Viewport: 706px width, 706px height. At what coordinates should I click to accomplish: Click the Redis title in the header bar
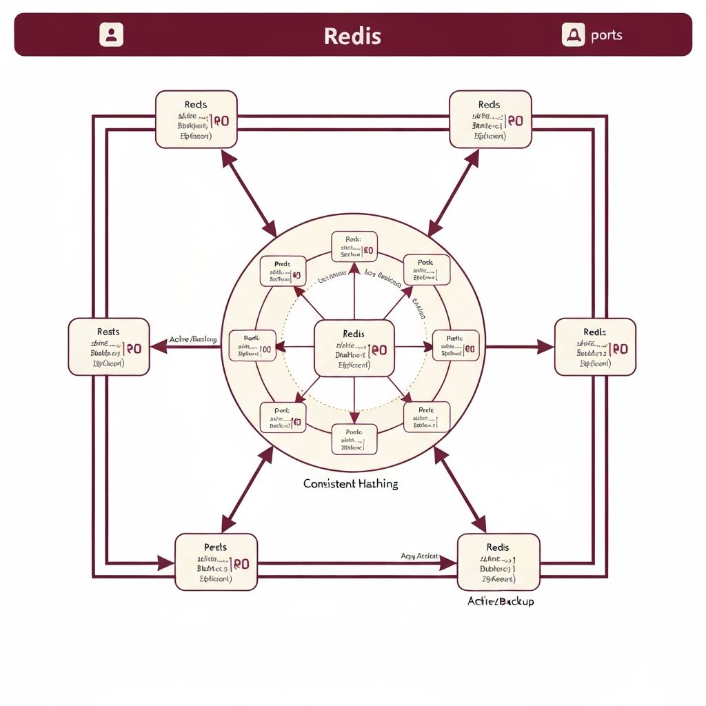pyautogui.click(x=352, y=36)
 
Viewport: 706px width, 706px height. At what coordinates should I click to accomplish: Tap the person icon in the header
pyautogui.click(x=111, y=34)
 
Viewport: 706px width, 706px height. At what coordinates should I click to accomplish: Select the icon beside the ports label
pyautogui.click(x=573, y=34)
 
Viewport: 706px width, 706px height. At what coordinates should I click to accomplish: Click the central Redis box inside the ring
pyautogui.click(x=354, y=348)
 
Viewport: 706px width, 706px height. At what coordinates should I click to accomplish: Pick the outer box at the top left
pyautogui.click(x=196, y=119)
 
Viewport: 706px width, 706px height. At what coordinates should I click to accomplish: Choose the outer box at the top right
pyautogui.click(x=490, y=119)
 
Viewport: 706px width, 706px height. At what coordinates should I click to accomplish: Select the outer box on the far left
pyautogui.click(x=109, y=347)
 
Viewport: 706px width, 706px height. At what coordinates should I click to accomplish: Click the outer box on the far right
pyautogui.click(x=595, y=347)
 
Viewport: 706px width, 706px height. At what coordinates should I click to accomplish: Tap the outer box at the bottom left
pyautogui.click(x=216, y=561)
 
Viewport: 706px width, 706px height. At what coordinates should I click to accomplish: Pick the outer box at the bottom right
pyautogui.click(x=498, y=561)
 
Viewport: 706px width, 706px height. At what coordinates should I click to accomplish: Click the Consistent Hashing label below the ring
pyautogui.click(x=350, y=484)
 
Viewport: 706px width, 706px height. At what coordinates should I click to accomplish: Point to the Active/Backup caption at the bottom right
pyautogui.click(x=501, y=601)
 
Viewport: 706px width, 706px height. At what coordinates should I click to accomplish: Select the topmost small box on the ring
pyautogui.click(x=354, y=247)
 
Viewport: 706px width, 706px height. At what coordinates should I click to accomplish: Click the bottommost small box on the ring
pyautogui.click(x=354, y=440)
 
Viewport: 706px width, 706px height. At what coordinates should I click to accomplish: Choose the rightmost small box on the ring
pyautogui.click(x=455, y=346)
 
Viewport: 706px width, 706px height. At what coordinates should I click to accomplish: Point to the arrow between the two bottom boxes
pyautogui.click(x=355, y=563)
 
